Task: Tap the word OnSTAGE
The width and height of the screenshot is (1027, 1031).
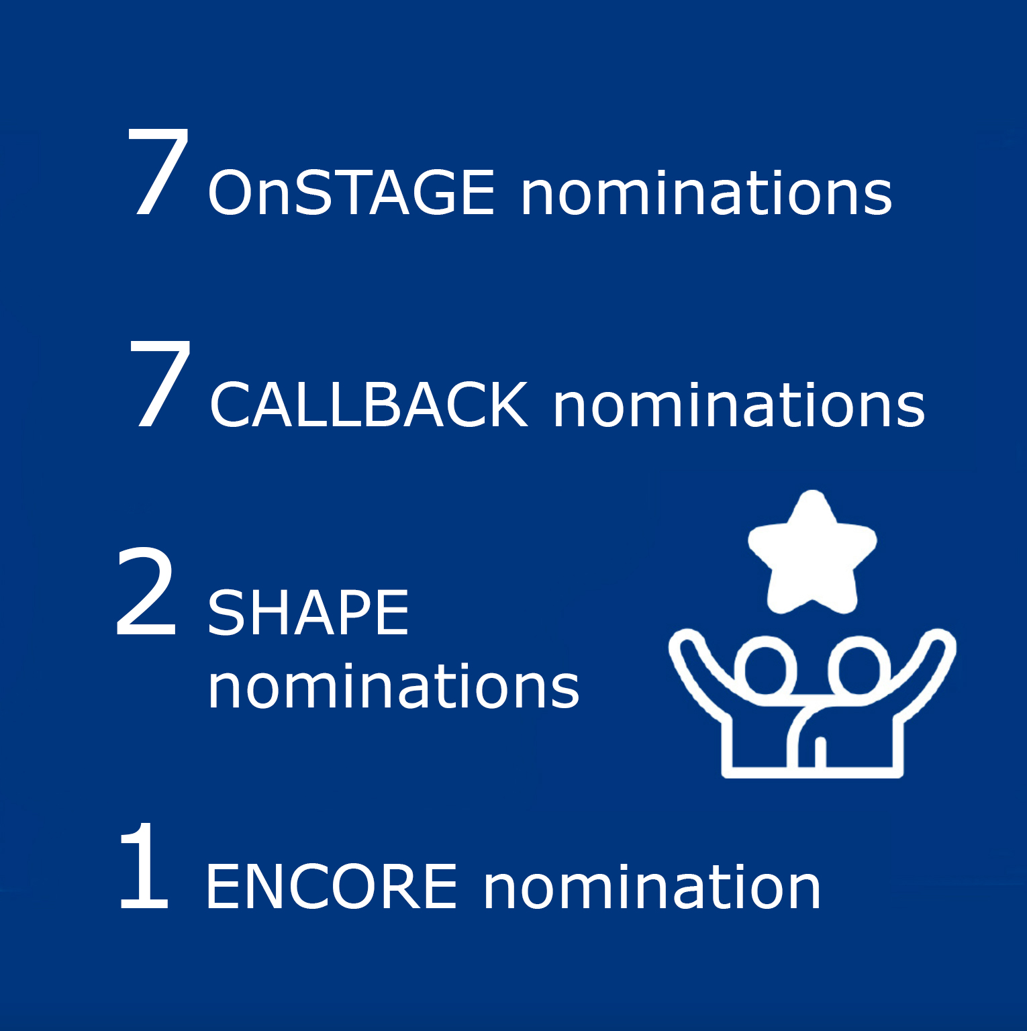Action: click(352, 193)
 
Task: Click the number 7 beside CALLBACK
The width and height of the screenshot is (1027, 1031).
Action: click(160, 383)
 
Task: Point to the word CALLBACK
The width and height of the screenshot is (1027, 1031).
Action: click(369, 405)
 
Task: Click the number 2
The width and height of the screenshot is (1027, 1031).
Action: click(146, 591)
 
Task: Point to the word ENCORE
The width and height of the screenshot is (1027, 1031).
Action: click(332, 887)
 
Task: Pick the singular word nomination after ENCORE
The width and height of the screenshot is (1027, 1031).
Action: click(652, 887)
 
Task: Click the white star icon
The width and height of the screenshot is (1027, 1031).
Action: click(812, 552)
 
